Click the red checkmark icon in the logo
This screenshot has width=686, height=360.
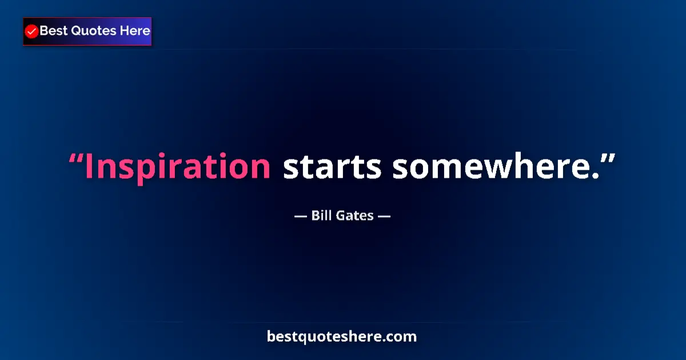32,31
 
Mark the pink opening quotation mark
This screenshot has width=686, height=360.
75,158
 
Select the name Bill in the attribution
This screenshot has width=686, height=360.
321,215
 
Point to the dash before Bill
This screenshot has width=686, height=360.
301,216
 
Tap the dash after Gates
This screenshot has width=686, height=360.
384,216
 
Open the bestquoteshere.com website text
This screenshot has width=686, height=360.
342,337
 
